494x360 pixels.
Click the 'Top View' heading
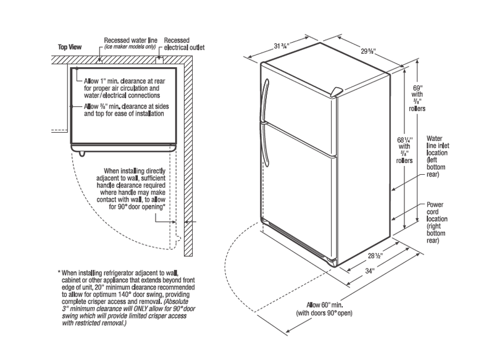click(x=70, y=46)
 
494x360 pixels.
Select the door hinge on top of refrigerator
click(x=335, y=92)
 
